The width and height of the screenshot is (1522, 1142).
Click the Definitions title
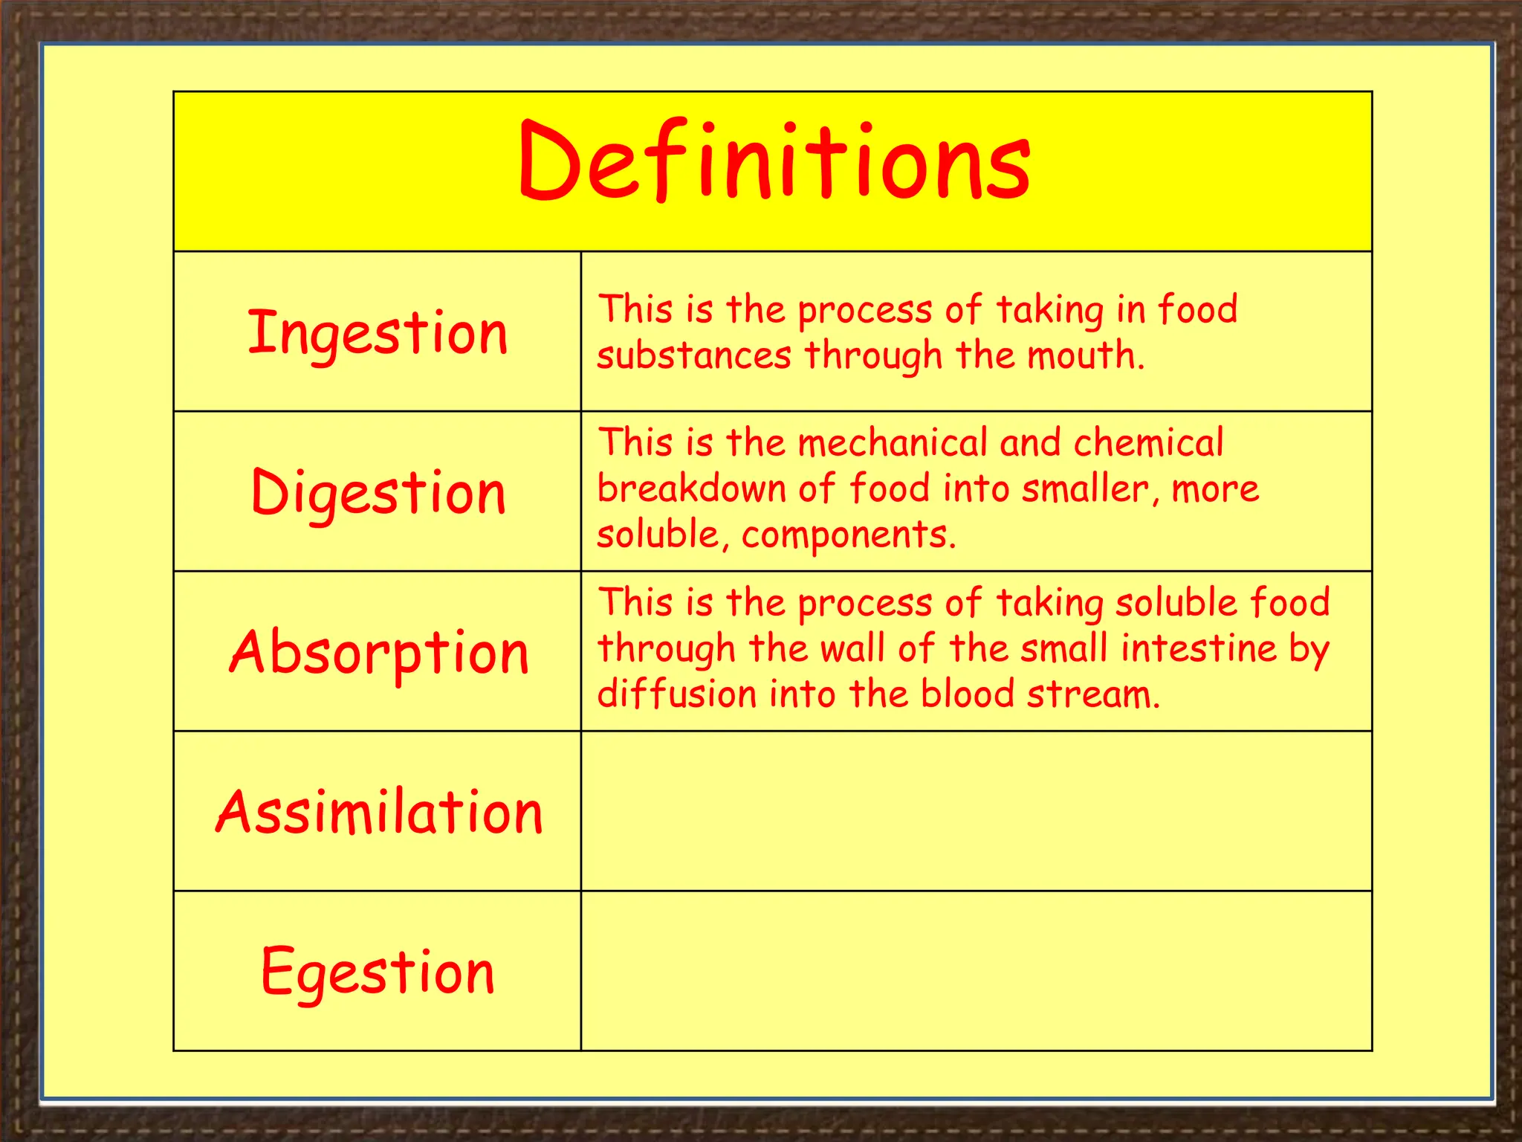pyautogui.click(x=774, y=161)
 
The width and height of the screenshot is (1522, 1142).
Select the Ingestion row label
pyautogui.click(x=378, y=332)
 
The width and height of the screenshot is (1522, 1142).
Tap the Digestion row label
pyautogui.click(x=378, y=492)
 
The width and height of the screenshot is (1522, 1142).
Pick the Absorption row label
pyautogui.click(x=379, y=652)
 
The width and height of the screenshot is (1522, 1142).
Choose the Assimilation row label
pyautogui.click(x=379, y=812)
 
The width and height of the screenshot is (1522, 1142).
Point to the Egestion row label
pyautogui.click(x=378, y=971)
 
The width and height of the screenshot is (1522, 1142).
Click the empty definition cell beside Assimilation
pyautogui.click(x=976, y=811)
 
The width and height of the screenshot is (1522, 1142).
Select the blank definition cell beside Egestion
pyautogui.click(x=976, y=971)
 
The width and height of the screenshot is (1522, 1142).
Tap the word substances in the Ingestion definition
pyautogui.click(x=694, y=355)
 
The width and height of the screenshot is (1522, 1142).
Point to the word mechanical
pyautogui.click(x=892, y=443)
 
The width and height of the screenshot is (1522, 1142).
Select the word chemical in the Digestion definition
pyautogui.click(x=1148, y=443)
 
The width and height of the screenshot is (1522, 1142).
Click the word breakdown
pyautogui.click(x=691, y=489)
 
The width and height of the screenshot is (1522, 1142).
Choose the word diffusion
pyautogui.click(x=676, y=694)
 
